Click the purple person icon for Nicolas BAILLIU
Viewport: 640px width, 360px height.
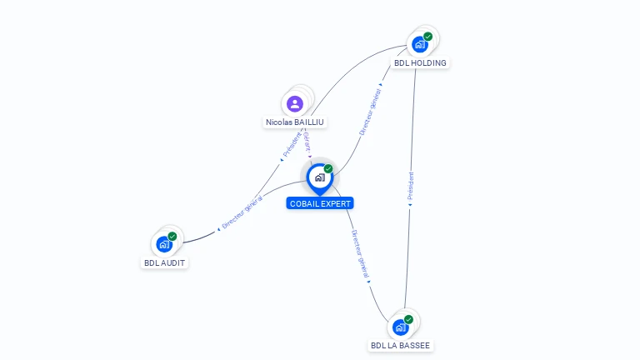(x=294, y=104)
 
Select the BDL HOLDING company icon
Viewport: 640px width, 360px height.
(x=419, y=44)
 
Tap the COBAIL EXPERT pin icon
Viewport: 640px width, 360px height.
(x=319, y=177)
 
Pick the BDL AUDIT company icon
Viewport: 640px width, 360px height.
(x=164, y=244)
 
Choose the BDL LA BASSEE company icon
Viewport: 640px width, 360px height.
(x=401, y=327)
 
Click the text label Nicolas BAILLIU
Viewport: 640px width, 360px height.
(x=295, y=122)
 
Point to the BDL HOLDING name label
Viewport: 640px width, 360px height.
(x=420, y=62)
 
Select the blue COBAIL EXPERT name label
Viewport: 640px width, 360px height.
(x=320, y=203)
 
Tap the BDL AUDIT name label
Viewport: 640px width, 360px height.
(x=165, y=262)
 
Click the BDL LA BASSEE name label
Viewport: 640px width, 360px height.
(x=401, y=345)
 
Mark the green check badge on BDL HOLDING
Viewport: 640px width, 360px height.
(x=428, y=37)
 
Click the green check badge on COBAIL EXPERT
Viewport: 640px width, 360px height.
(x=328, y=169)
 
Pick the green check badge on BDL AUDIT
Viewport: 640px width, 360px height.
(x=172, y=237)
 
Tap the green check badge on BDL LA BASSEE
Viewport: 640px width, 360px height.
(x=409, y=319)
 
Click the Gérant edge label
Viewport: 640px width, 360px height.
(x=307, y=142)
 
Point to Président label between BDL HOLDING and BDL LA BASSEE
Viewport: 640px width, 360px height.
(x=411, y=187)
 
